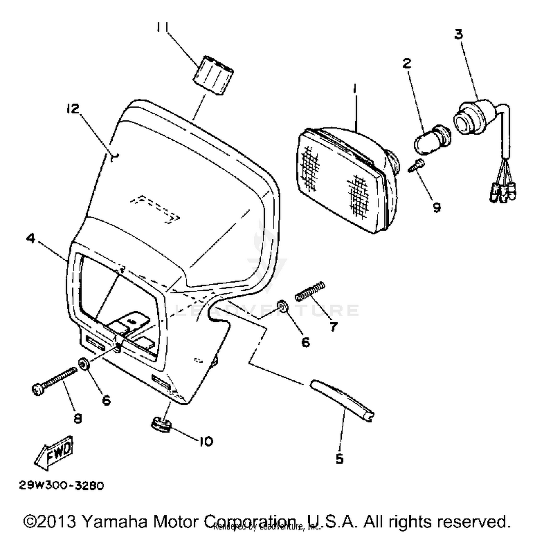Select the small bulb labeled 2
(x=432, y=139)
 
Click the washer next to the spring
(x=282, y=306)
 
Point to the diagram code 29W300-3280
(x=61, y=485)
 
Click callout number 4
(x=31, y=238)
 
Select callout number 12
(x=73, y=109)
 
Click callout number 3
(x=459, y=35)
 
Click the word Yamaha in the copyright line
(x=114, y=521)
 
